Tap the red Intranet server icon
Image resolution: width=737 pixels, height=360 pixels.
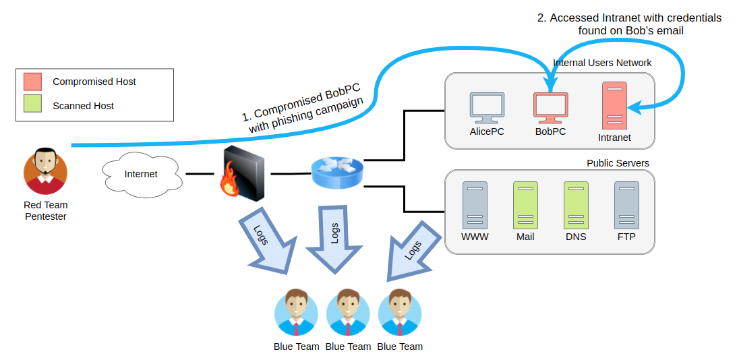[614, 105]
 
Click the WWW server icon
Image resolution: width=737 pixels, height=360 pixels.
[474, 205]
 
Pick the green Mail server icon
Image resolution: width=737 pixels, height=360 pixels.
[525, 205]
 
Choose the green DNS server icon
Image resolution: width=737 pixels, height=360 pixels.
[576, 205]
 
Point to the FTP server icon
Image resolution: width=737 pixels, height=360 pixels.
[626, 205]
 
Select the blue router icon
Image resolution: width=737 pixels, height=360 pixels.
[337, 173]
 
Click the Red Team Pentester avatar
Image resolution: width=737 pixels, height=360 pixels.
[45, 171]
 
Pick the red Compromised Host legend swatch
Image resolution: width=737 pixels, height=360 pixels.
[32, 82]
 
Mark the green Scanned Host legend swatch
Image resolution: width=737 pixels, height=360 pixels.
[32, 105]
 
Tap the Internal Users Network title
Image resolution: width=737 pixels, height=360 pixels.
[602, 63]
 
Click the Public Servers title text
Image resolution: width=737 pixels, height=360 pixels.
[618, 163]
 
